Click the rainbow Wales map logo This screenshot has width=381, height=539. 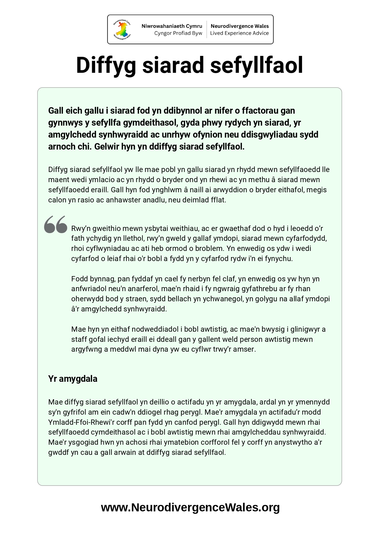point(122,29)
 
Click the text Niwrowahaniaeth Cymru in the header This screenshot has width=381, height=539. point(172,26)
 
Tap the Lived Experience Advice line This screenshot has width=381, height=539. point(239,33)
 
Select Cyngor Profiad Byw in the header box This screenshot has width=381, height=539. point(178,33)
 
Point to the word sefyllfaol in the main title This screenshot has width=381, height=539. point(257,65)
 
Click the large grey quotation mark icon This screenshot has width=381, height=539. point(56,225)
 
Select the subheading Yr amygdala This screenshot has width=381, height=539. point(73,379)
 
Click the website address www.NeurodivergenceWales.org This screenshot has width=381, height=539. point(190,507)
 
